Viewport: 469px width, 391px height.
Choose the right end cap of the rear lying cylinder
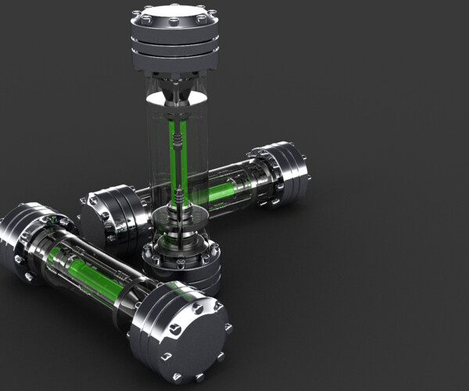coord(285,174)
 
